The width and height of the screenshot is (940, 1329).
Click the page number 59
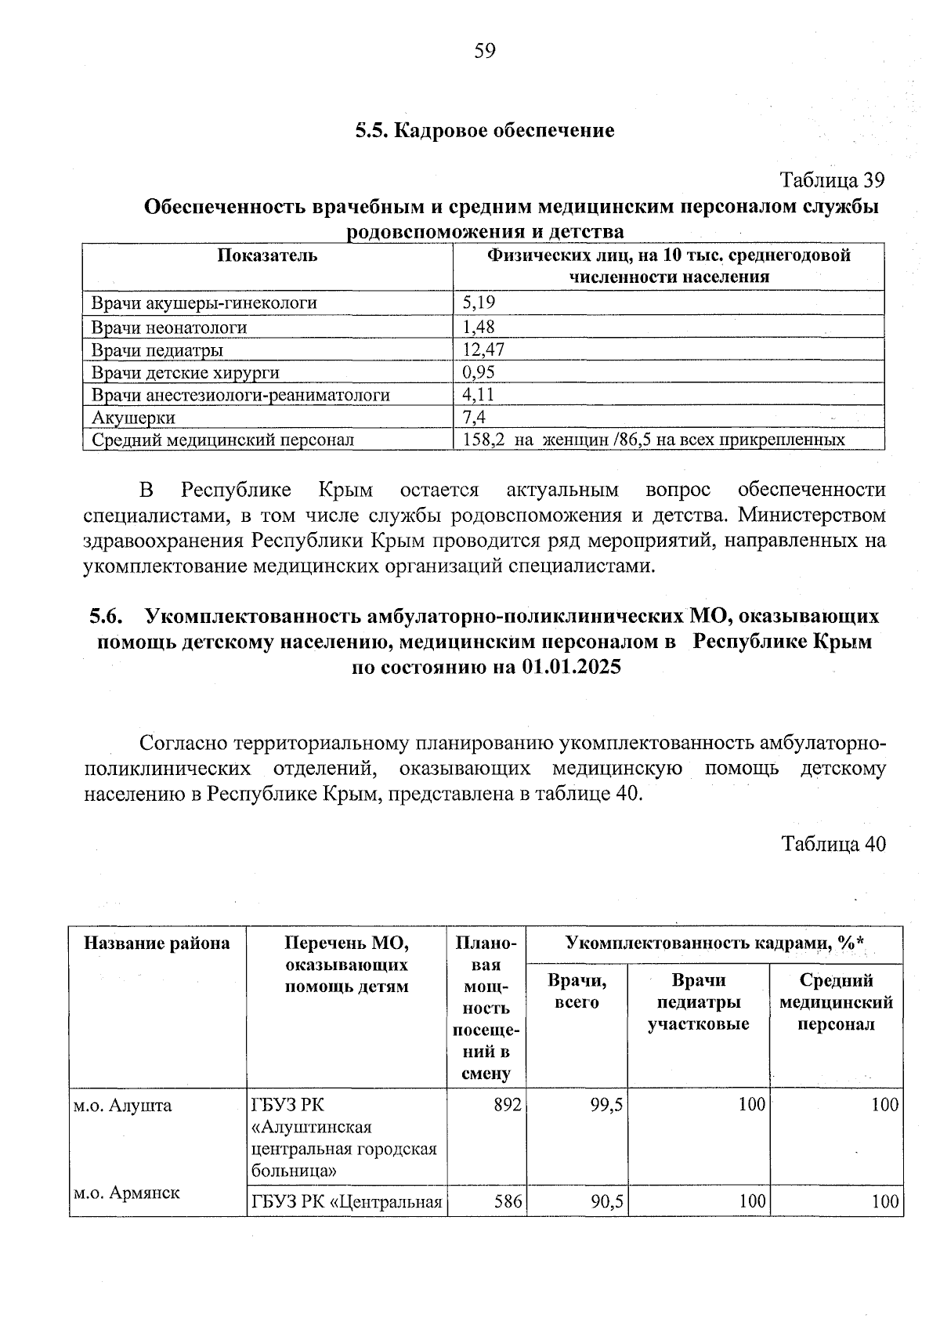485,52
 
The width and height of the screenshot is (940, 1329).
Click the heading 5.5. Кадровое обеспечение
485,130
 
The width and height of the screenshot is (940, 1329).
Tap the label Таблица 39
833,180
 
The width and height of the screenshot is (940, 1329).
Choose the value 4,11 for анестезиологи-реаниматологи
478,394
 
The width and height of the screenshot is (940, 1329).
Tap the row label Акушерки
133,417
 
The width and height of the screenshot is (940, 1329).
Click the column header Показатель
268,255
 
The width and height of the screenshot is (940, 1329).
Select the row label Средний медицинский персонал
222,440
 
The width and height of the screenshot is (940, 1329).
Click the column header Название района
157,943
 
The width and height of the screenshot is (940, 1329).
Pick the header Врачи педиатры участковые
698,1002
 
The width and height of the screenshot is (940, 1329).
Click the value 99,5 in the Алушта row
607,1105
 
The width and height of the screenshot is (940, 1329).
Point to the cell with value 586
508,1200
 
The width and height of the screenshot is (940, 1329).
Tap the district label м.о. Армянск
126,1193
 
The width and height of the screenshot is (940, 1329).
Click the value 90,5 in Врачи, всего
607,1200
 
